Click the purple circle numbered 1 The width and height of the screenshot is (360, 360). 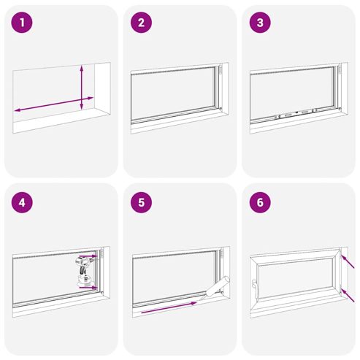click(22, 23)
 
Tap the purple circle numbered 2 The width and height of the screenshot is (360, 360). click(141, 23)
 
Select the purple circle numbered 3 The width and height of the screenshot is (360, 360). click(260, 23)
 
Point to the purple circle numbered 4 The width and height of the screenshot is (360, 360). click(22, 202)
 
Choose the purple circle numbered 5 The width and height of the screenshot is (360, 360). click(141, 202)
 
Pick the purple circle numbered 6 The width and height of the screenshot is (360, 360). click(260, 202)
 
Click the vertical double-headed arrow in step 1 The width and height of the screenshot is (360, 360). click(82, 87)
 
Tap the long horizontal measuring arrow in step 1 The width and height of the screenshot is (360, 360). click(54, 104)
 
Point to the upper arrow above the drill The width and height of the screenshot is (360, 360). click(88, 256)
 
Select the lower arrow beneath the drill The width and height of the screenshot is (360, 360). click(88, 288)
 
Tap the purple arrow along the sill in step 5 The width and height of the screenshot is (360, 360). click(169, 307)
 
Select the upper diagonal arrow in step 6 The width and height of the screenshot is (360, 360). click(348, 261)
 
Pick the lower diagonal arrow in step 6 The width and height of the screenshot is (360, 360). click(348, 295)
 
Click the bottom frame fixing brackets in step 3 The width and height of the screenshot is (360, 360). click(296, 112)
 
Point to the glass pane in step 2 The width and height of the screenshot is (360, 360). click(173, 94)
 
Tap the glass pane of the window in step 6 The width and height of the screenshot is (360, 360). click(296, 278)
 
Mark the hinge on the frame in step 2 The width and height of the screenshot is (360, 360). click(221, 70)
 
